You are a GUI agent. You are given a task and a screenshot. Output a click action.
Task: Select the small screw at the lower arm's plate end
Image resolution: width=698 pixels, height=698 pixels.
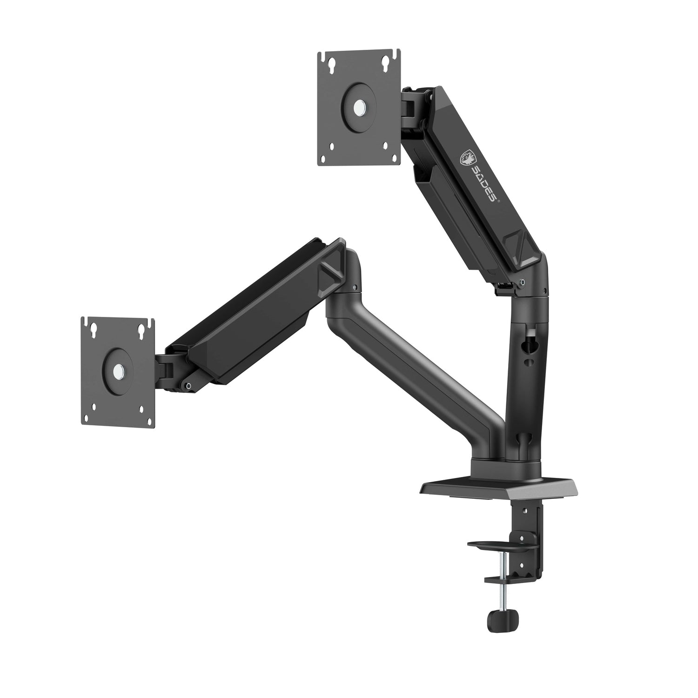click(x=188, y=385)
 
